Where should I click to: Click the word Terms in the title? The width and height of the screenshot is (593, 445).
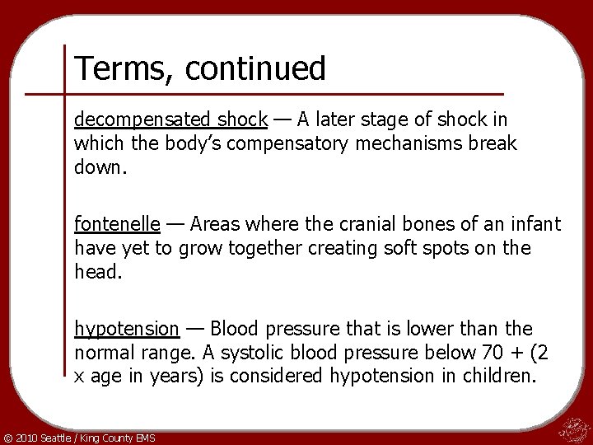point(116,69)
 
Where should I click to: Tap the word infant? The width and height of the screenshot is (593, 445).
point(535,223)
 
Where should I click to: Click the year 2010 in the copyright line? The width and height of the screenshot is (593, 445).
point(26,436)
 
